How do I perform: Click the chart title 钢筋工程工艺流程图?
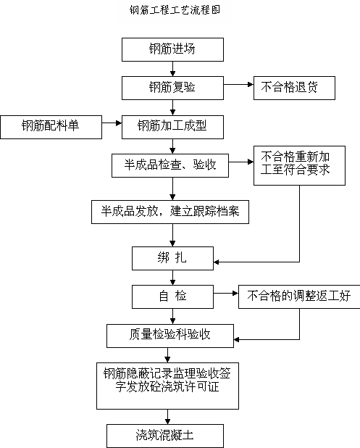[175, 10]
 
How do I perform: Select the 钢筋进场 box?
[172, 49]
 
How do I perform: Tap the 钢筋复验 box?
[172, 88]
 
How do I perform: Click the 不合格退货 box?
[294, 88]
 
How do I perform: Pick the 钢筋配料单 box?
[51, 127]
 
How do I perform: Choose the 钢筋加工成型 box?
[172, 127]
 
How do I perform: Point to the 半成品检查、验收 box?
[170, 165]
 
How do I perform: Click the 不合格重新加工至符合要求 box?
[299, 166]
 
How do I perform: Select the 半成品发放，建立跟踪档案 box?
[170, 212]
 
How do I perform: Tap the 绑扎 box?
[172, 258]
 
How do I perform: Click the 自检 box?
[172, 296]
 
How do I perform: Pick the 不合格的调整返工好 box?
[299, 296]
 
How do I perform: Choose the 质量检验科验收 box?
[170, 336]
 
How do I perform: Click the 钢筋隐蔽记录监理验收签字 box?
[167, 386]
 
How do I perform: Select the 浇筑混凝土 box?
[165, 436]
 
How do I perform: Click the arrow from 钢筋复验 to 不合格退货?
[238, 84]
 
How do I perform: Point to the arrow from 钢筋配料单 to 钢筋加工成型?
[112, 123]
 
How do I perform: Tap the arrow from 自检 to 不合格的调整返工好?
[226, 293]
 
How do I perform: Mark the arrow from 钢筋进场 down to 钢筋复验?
[172, 69]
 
